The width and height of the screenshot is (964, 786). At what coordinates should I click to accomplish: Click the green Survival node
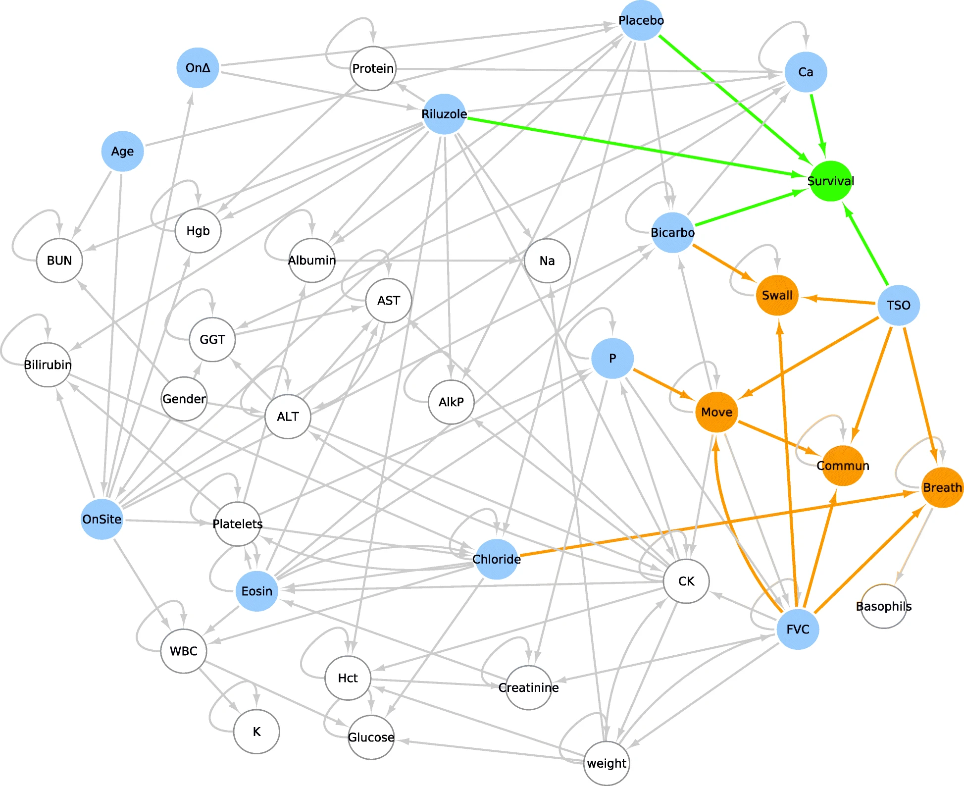coord(830,181)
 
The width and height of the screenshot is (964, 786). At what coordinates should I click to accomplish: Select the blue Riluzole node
coord(444,114)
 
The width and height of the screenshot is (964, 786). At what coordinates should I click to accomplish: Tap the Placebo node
coord(641,21)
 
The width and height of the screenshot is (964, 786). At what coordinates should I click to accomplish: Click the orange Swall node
coord(777,296)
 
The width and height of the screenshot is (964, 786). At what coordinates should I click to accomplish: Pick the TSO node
coord(898,305)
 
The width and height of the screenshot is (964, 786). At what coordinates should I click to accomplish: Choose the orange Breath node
coord(942,488)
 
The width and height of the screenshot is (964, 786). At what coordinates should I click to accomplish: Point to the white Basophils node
coord(883,606)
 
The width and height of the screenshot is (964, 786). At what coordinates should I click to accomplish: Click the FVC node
coord(798,629)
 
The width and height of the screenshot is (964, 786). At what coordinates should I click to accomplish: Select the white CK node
coord(686,581)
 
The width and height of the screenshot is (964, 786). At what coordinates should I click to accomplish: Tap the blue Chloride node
coord(496,560)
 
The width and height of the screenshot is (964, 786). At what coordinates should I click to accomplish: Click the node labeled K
coord(256,732)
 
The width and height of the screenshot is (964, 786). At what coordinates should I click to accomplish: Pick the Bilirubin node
coord(48,365)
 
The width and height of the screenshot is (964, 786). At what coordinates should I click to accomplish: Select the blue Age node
coord(122,152)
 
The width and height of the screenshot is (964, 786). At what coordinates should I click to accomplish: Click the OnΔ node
coord(198,68)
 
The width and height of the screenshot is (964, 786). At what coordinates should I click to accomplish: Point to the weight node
coord(607,763)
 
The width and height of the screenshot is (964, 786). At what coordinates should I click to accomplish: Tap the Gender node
coord(184,399)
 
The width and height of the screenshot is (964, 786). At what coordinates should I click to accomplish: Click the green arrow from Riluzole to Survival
coord(634,147)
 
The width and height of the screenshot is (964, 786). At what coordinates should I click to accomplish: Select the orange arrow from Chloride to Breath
coord(718,524)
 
